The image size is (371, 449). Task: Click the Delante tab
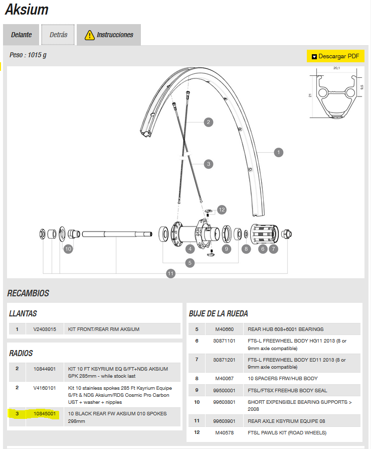[22, 35]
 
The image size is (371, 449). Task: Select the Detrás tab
[58, 35]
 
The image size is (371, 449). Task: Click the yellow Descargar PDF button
[335, 56]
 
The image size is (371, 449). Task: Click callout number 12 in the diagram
[222, 209]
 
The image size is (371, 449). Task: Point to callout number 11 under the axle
[171, 273]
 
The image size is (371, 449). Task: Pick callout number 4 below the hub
[190, 248]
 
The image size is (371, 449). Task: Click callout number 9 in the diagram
[227, 248]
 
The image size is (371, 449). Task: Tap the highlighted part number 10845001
[44, 413]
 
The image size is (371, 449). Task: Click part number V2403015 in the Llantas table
[45, 329]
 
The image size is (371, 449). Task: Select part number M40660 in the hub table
[224, 329]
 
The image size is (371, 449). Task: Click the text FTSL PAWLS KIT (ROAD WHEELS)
[287, 432]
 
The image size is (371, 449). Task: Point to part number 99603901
[224, 420]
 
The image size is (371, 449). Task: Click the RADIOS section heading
[21, 354]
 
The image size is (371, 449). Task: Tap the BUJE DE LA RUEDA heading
[218, 314]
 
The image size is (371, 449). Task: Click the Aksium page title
[27, 10]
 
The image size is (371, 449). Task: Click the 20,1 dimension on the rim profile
[336, 68]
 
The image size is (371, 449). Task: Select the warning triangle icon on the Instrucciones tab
[89, 35]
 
